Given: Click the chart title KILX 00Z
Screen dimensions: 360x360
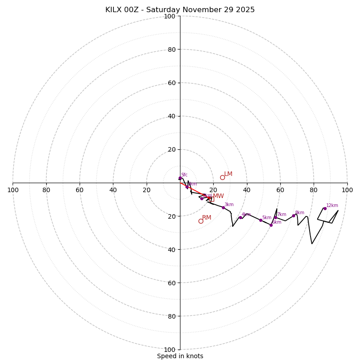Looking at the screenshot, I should pos(180,10).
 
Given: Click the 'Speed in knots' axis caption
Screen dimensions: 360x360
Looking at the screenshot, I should pos(180,356).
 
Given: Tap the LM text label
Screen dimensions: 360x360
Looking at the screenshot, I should pos(228,174).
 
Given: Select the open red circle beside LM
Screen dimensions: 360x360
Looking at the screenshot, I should pos(222,177).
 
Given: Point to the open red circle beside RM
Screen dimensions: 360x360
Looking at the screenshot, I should pos(201,221).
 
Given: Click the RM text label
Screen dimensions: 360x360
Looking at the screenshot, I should pos(207,218).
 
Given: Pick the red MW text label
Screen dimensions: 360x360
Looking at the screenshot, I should pos(218,196).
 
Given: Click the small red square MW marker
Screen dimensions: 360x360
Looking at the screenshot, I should pos(211,199).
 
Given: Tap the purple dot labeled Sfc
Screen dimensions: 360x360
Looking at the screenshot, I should pos(180,178).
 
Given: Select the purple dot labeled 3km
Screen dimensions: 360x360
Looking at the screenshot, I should pos(223,207).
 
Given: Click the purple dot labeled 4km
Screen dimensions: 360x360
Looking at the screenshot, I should pos(240,217).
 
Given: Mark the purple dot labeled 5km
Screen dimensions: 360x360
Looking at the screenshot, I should pos(261,220).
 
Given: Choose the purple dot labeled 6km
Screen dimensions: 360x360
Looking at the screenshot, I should pos(271,225).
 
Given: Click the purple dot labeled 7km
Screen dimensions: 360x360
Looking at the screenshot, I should pos(276,217).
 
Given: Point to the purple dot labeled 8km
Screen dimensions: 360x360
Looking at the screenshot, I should pos(293,216).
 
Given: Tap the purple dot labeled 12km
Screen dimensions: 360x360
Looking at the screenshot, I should pos(325,208).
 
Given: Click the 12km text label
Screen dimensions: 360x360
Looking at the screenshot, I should pos(332,206).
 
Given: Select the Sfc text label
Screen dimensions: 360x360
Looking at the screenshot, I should pos(184,175).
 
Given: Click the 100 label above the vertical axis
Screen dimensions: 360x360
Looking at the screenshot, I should pos(170,16).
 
